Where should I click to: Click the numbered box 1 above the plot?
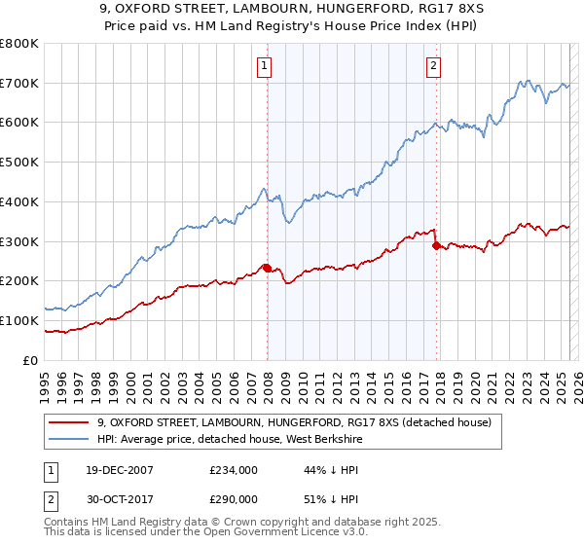pos(265,66)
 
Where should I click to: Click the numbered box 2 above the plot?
pos(433,66)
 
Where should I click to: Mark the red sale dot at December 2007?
pos(267,268)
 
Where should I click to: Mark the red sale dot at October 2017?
pos(436,245)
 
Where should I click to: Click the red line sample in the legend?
pos(69,422)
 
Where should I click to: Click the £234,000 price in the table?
pos(233,469)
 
